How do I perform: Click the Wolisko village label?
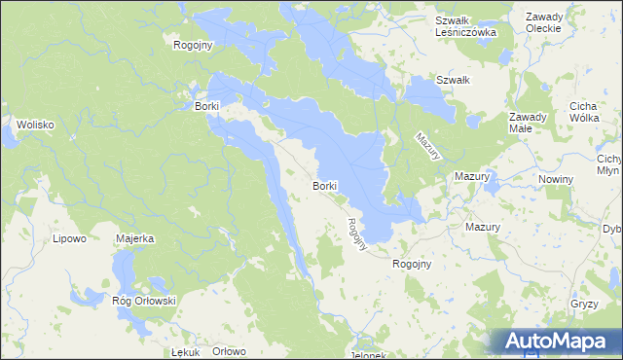click(33, 125)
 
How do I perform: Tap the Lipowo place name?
click(69, 237)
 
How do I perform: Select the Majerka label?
click(135, 237)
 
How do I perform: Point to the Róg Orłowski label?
click(143, 301)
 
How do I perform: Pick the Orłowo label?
click(230, 351)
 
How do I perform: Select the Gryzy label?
click(585, 305)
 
